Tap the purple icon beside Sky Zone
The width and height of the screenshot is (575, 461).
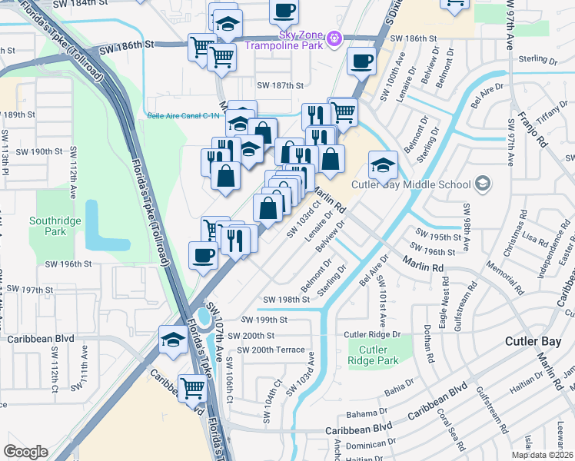point(334,37)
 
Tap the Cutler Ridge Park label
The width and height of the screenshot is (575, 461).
point(373,355)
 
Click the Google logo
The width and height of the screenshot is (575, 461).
point(25,452)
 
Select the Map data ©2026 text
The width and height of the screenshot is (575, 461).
point(542,455)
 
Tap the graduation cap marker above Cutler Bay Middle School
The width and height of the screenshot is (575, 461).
point(383,164)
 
